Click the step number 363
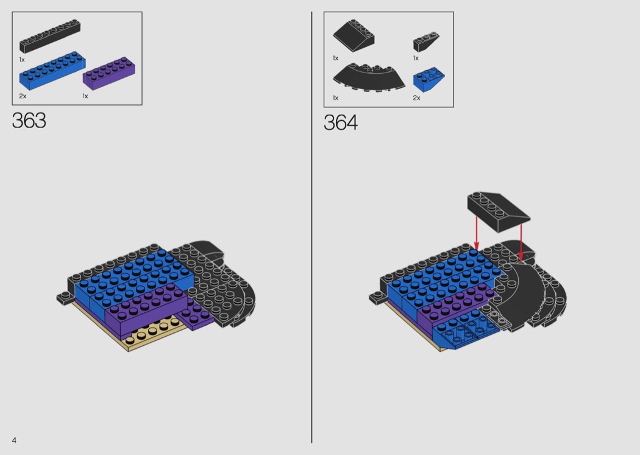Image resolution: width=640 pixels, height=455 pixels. tap(29, 121)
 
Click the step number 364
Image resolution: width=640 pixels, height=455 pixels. tap(340, 123)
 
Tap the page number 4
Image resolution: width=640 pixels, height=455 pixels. tap(14, 440)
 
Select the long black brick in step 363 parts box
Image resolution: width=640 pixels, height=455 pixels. tap(50, 36)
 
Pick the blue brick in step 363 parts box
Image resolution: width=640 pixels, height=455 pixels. tap(52, 71)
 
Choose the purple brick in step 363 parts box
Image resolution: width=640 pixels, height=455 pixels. tap(109, 74)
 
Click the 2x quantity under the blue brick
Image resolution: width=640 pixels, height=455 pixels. tap(23, 96)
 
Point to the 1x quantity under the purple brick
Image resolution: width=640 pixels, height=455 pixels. tap(85, 96)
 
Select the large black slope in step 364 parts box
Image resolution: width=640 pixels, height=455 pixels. tap(354, 35)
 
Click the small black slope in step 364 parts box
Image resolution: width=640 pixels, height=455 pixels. tap(425, 42)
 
